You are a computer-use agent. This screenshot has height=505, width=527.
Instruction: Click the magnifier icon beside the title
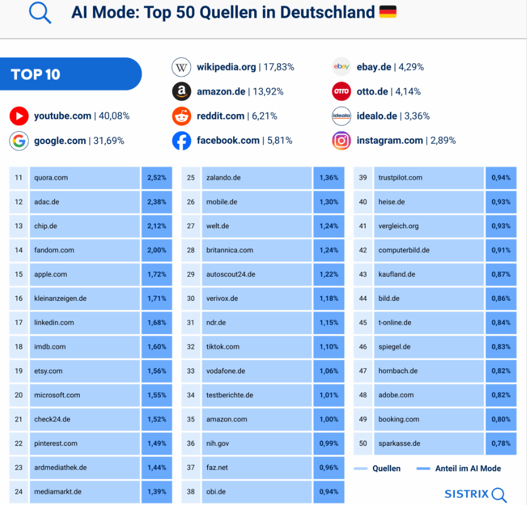coord(40,13)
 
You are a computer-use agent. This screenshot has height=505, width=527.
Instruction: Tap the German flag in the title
coord(388,12)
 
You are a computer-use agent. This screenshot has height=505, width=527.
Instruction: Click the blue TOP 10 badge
coord(70,74)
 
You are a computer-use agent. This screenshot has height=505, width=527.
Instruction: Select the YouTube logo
coord(19,116)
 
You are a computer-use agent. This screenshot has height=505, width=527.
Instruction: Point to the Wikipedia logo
coord(182,67)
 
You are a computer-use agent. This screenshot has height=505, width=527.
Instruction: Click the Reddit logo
coord(182,116)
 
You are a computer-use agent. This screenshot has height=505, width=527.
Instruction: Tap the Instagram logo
coord(341,140)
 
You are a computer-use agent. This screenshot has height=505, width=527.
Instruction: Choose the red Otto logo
coord(341,91)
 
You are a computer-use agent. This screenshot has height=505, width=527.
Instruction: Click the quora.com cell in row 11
coord(85,178)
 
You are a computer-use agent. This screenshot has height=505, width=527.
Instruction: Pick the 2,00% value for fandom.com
coord(156,250)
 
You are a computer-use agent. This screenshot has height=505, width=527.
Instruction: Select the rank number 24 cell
coord(19,492)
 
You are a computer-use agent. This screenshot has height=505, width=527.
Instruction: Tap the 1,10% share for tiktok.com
coord(328,347)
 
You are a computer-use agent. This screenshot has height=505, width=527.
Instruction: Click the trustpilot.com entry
coord(429,178)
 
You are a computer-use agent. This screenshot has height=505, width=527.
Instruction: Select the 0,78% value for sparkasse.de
coord(501,444)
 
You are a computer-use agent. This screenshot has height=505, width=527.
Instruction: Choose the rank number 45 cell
coord(363,323)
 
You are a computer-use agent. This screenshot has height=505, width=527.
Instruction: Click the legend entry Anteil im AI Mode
coord(459,469)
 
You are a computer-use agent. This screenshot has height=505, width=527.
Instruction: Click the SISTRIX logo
coord(475,494)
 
